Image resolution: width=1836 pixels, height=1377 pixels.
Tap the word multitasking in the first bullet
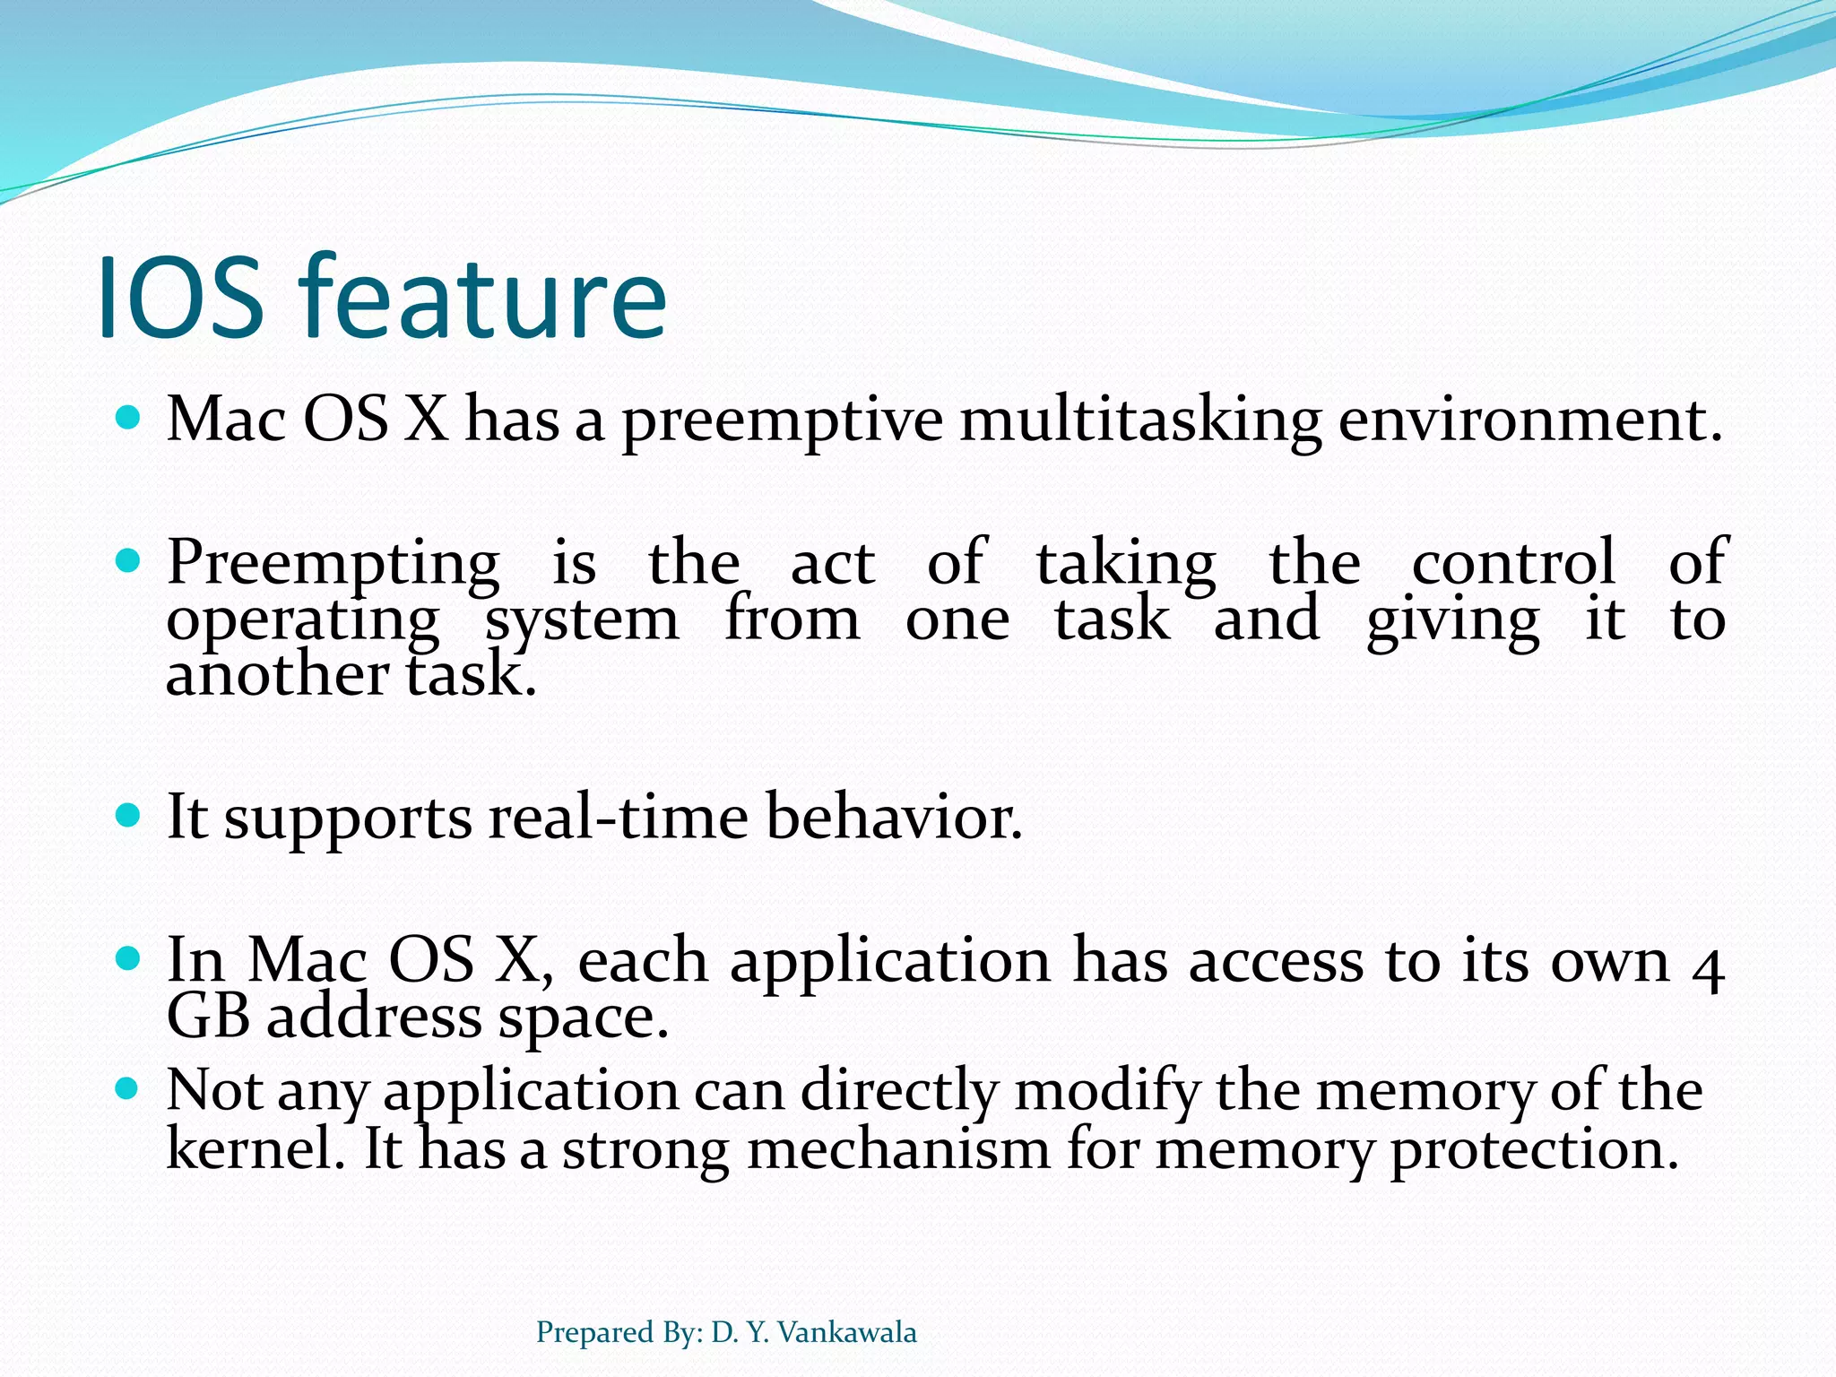click(1140, 421)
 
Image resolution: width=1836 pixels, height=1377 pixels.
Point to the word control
click(1513, 563)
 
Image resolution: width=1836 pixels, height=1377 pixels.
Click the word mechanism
click(897, 1148)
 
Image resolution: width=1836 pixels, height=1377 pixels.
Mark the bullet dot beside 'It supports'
click(129, 815)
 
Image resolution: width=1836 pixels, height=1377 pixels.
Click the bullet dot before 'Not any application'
click(129, 1089)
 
